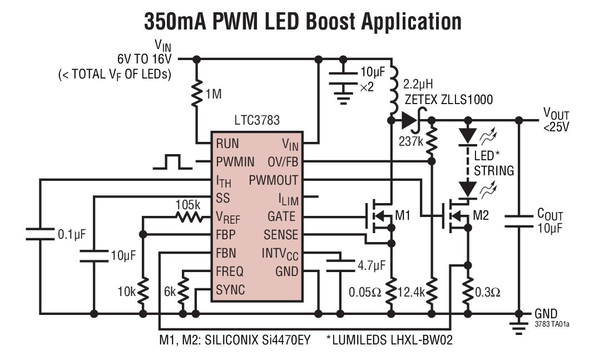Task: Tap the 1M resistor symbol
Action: click(196, 94)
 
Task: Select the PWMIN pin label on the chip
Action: click(235, 162)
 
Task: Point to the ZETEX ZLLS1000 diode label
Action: click(448, 100)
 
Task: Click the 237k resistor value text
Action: click(412, 141)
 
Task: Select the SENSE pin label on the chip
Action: click(281, 235)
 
